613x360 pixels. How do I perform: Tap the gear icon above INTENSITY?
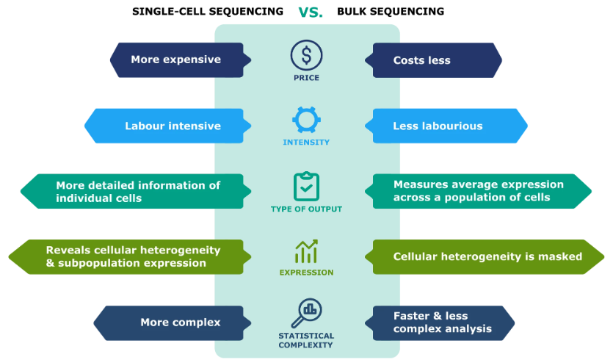click(x=306, y=120)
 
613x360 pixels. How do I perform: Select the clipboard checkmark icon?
click(x=306, y=187)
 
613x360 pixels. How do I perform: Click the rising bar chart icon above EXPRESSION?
click(x=306, y=251)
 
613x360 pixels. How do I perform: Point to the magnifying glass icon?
click(x=306, y=313)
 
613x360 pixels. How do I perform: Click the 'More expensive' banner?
click(x=180, y=60)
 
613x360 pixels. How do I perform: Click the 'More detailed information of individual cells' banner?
click(x=136, y=191)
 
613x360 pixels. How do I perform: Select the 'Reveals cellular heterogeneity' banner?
click(x=129, y=257)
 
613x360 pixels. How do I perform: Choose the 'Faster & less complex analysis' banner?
click(x=440, y=323)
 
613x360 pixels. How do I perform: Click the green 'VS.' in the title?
click(x=310, y=12)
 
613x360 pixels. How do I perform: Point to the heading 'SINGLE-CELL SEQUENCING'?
click(x=207, y=12)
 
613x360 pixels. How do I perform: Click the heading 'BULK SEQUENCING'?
click(x=390, y=12)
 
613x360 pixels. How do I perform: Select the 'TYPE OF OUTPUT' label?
click(x=306, y=209)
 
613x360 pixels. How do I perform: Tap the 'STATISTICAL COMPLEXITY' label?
click(x=306, y=340)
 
